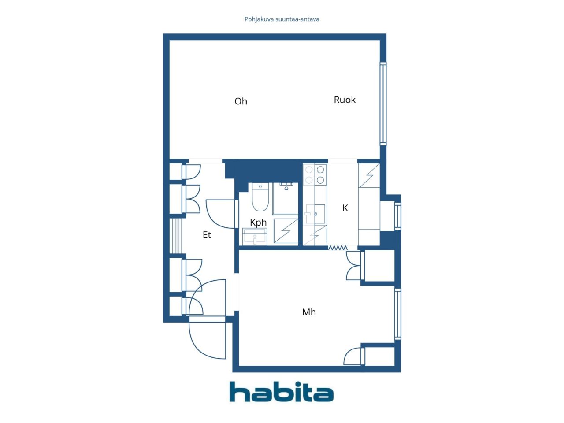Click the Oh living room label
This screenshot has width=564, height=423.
tap(241, 101)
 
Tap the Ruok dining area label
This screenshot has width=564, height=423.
tap(344, 100)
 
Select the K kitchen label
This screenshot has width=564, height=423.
tap(345, 208)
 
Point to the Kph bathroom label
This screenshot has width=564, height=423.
tap(258, 223)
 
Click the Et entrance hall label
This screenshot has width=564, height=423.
tap(207, 234)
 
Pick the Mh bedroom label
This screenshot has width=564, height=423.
tap(309, 312)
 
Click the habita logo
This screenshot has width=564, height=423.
tap(282, 391)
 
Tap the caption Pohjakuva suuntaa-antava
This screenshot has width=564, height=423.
tap(282, 19)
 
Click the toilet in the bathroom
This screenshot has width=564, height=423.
tap(260, 197)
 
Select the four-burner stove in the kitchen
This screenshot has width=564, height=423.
tap(315, 174)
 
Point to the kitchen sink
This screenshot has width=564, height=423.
tap(315, 214)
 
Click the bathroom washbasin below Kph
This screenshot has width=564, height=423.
tap(254, 237)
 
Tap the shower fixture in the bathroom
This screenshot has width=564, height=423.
tap(286, 186)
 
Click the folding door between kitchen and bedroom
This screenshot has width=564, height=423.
tap(338, 248)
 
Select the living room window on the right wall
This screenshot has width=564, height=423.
tap(383, 104)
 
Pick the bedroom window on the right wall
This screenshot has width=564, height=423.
tap(397, 314)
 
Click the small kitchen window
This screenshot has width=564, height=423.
tap(397, 216)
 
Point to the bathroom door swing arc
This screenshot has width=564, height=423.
tap(220, 214)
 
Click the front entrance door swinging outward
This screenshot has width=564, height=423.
tap(207, 338)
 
